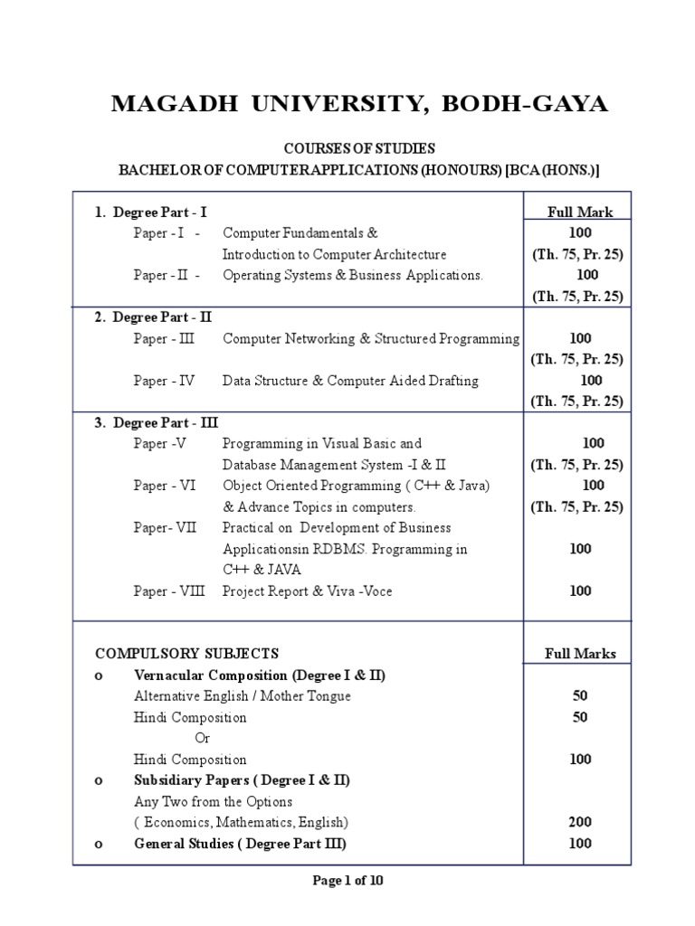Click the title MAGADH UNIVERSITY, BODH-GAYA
pyautogui.click(x=359, y=104)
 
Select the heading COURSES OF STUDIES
pyautogui.click(x=359, y=148)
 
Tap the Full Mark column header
pyautogui.click(x=580, y=213)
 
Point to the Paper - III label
pyautogui.click(x=164, y=338)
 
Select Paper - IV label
pyautogui.click(x=164, y=381)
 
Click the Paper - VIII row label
pyautogui.click(x=169, y=591)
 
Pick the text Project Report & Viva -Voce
pyautogui.click(x=308, y=591)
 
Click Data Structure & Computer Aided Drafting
pyautogui.click(x=350, y=381)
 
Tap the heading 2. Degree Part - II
pyautogui.click(x=154, y=317)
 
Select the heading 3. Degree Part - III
pyautogui.click(x=157, y=422)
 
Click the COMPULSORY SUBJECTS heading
pyautogui.click(x=187, y=653)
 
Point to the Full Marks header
pyautogui.click(x=580, y=653)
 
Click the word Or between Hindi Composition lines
pyautogui.click(x=204, y=738)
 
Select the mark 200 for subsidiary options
pyautogui.click(x=580, y=822)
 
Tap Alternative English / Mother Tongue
pyautogui.click(x=242, y=695)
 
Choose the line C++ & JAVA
pyautogui.click(x=262, y=570)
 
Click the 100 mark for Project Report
pyautogui.click(x=580, y=591)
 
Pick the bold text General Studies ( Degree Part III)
pyautogui.click(x=240, y=844)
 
